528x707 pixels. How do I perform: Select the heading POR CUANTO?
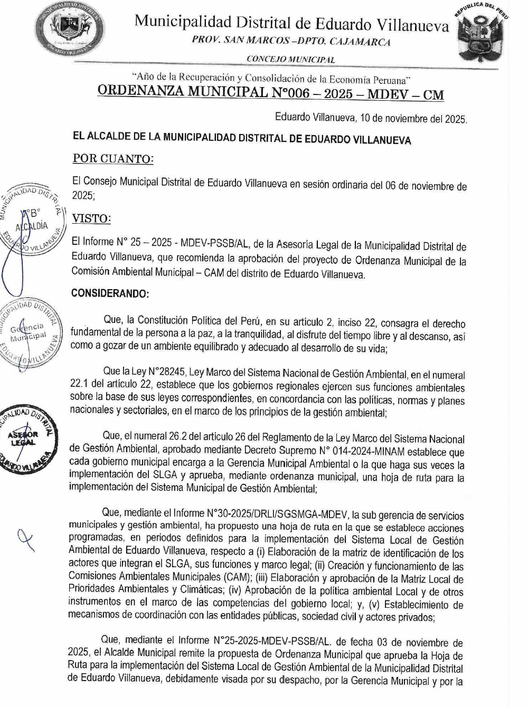coord(113,159)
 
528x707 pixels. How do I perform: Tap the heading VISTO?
coord(91,218)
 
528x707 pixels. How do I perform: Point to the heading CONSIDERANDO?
coord(110,293)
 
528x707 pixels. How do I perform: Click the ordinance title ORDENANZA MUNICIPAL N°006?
coord(271,93)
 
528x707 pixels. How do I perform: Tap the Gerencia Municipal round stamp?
coord(29,331)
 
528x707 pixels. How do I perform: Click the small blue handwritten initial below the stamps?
coord(24,539)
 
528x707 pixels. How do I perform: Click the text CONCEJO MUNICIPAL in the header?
coord(290,60)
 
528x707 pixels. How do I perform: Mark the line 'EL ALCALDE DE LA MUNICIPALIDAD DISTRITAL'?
coord(241,139)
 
